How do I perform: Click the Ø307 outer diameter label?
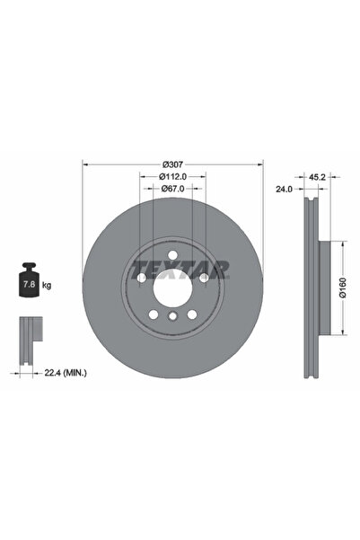coord(173,164)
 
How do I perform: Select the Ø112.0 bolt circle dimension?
coord(173,177)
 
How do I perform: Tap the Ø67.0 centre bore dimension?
coord(173,190)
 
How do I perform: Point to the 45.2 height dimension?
coord(316,177)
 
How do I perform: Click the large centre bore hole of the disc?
coord(172,289)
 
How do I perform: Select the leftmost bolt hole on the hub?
coord(142,279)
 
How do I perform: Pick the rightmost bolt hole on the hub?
coord(204,279)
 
